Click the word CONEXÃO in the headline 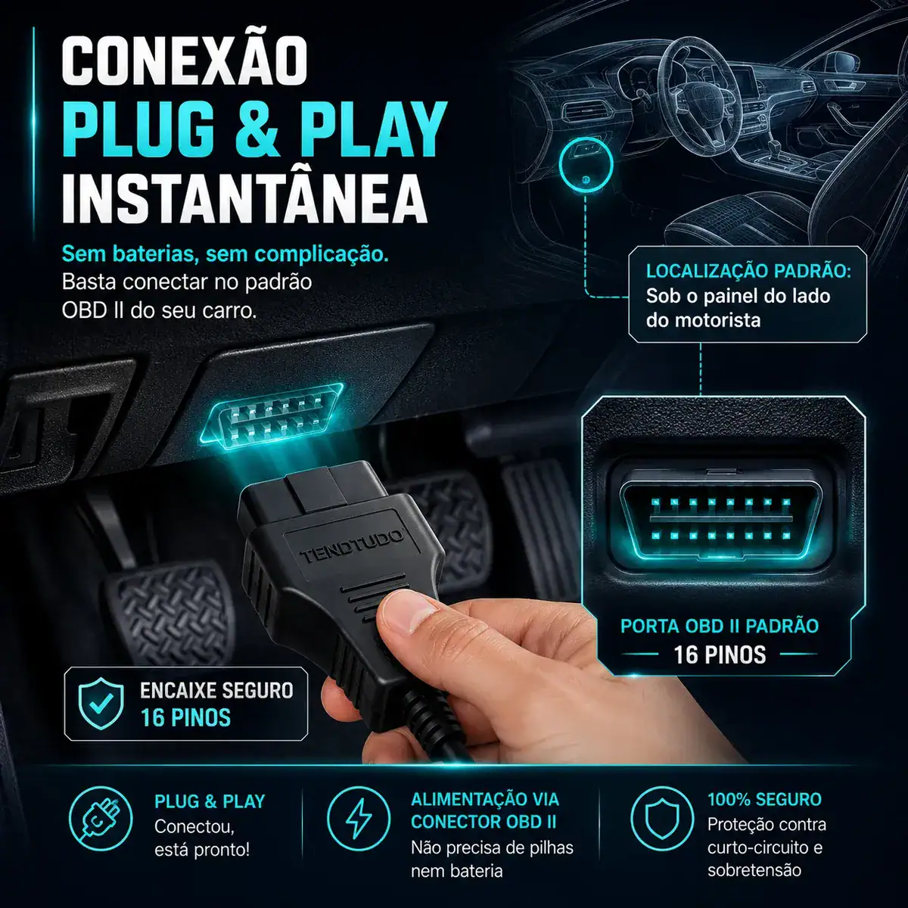185,61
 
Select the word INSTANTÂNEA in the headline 244,197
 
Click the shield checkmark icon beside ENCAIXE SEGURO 101,704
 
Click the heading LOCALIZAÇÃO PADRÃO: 749,272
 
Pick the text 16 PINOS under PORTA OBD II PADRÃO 720,655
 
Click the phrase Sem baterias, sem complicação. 225,254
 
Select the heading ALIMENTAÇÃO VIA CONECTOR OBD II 484,810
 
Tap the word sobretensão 754,870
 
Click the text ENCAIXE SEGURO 216,691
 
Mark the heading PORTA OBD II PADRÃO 720,627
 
